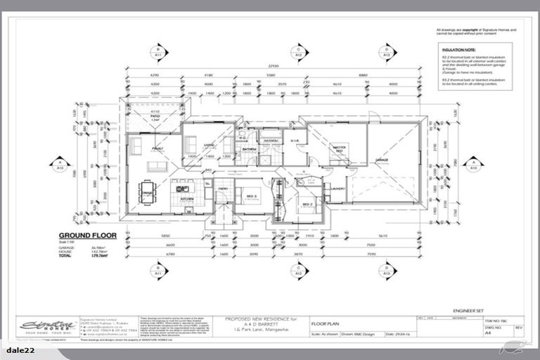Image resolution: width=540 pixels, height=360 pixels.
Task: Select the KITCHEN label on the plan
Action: pyautogui.click(x=186, y=199)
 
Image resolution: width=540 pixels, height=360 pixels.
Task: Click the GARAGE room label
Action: pyautogui.click(x=381, y=160)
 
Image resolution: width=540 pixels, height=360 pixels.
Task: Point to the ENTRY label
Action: pyautogui.click(x=223, y=188)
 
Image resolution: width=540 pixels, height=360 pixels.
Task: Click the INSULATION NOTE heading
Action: pyautogui.click(x=458, y=51)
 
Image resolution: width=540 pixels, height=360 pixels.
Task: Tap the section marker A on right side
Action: pyautogui.click(x=473, y=167)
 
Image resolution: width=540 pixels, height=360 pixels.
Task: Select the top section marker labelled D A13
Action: pyautogui.click(x=386, y=51)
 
